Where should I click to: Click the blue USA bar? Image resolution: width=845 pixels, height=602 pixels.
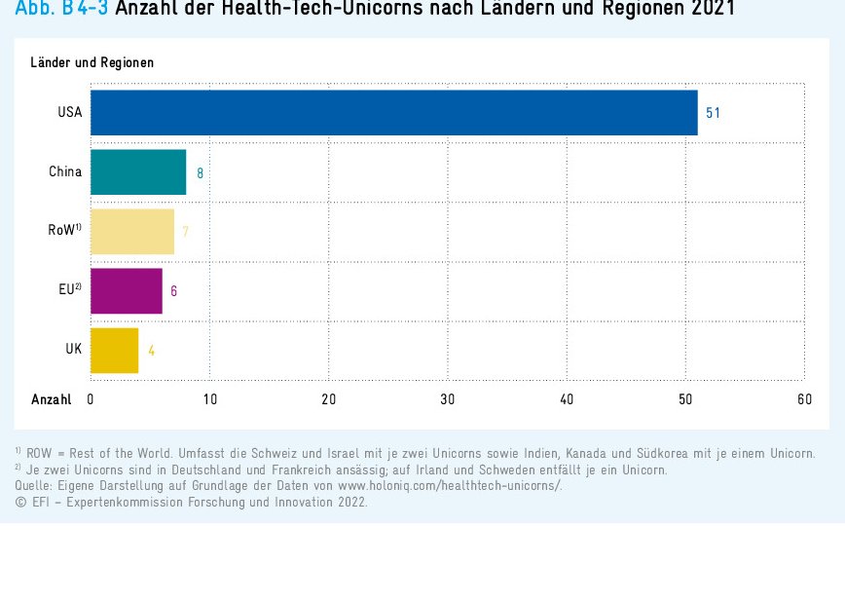[x=393, y=113]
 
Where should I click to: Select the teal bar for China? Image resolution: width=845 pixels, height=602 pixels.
[x=137, y=172]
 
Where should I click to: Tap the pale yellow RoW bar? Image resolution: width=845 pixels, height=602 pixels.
[x=131, y=232]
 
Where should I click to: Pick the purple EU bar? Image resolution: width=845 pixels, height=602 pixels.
[x=126, y=290]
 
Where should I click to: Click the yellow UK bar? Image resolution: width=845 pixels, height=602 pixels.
[x=114, y=350]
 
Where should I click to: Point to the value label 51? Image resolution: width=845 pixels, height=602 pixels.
[x=713, y=113]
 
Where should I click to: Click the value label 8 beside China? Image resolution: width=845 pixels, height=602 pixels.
[x=200, y=173]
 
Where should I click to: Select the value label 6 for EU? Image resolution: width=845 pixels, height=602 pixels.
[x=173, y=291]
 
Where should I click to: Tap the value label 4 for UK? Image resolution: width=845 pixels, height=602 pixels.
[x=151, y=351]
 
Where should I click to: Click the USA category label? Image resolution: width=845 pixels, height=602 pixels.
[x=69, y=113]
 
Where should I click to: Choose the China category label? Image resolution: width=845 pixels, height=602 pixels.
[x=65, y=172]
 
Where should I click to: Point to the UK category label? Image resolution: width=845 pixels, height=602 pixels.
[x=74, y=349]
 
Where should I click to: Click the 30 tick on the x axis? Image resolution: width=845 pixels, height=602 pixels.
[x=448, y=399]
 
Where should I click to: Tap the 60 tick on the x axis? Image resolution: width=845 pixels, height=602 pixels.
[x=804, y=399]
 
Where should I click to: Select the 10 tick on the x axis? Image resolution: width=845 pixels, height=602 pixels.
[x=209, y=399]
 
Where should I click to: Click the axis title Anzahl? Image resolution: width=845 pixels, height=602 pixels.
[x=51, y=399]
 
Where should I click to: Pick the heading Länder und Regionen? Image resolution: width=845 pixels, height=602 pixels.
[x=92, y=63]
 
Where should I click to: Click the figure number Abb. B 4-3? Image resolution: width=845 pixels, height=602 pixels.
[x=61, y=9]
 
